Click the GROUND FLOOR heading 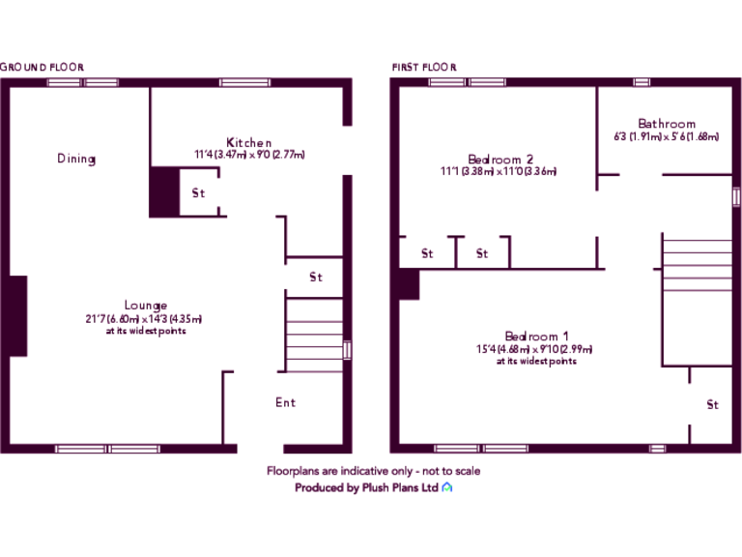43,67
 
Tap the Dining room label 75,159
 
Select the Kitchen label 249,142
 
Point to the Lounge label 145,306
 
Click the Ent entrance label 285,402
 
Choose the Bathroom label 667,124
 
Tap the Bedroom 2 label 500,160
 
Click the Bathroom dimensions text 667,136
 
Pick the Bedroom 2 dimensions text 499,172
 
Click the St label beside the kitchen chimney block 198,193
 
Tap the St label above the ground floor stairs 315,278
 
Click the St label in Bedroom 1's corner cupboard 712,405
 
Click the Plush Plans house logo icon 447,488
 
